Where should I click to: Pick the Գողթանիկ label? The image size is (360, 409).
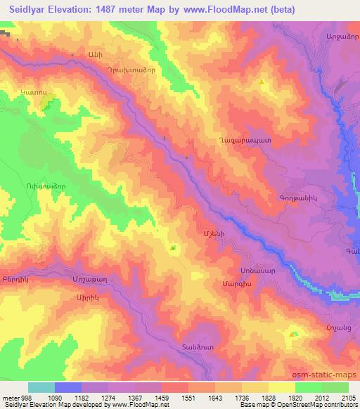pos(304,198)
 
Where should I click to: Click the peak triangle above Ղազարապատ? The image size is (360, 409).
pos(262,82)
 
